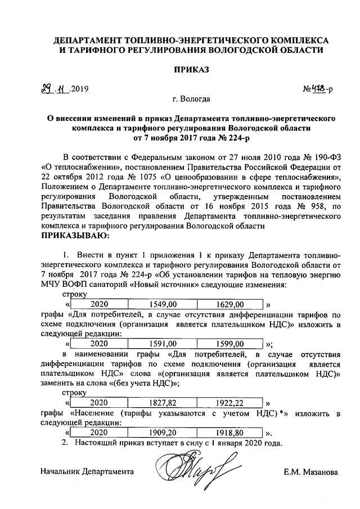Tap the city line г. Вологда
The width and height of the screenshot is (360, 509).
coord(192,99)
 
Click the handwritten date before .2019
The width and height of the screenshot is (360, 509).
coord(54,87)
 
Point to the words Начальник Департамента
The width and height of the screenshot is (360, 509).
coord(87,472)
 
